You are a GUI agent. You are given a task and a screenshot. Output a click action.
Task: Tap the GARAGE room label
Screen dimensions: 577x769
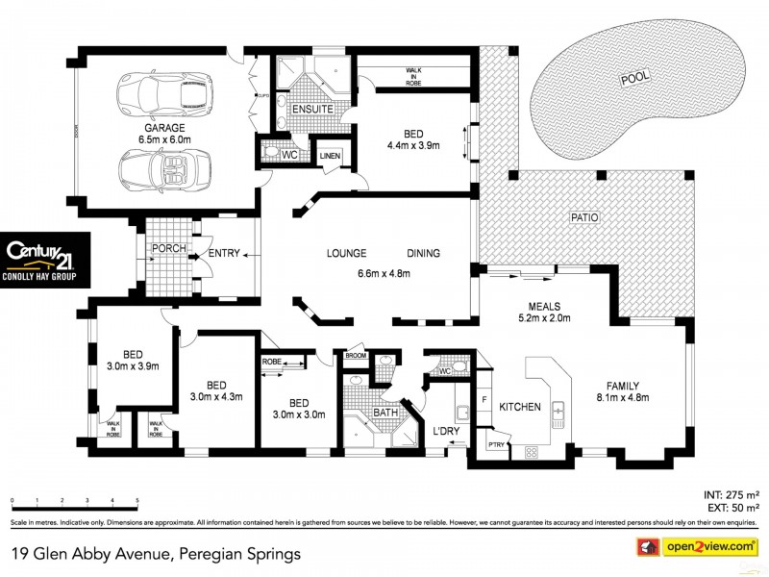coord(164,127)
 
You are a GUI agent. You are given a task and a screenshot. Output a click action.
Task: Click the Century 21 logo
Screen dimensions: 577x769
coord(45,260)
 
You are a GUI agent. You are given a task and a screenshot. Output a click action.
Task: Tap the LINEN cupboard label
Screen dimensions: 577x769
coord(330,156)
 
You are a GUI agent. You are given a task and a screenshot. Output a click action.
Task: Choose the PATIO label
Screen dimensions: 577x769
coord(583,217)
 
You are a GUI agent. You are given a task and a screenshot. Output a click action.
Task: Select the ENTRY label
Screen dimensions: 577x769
coord(223,255)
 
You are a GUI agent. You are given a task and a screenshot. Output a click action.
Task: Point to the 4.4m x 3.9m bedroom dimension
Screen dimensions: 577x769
coord(413,146)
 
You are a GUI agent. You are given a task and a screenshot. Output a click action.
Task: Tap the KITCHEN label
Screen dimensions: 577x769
coord(519,407)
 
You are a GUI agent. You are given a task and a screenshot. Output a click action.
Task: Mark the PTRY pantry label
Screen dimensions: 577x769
coord(495,445)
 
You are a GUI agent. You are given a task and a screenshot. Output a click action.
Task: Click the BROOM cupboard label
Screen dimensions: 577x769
coord(356,356)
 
